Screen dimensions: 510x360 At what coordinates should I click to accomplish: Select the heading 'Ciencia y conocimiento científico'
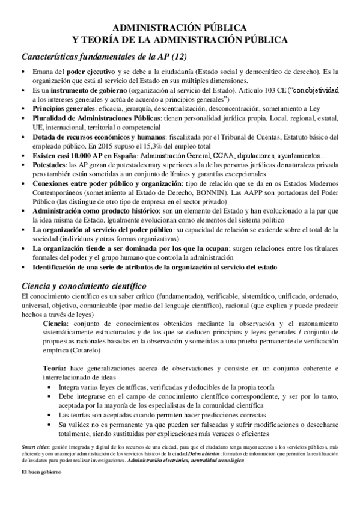[x=84, y=285]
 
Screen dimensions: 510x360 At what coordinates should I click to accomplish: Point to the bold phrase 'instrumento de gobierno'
[x=88, y=90]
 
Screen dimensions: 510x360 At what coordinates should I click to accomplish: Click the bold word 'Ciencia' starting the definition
[x=55, y=324]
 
